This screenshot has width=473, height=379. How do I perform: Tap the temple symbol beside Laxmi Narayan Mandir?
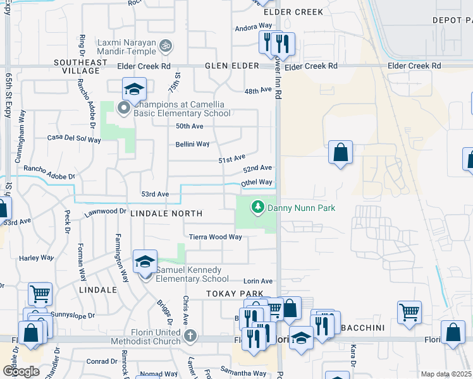(x=167, y=45)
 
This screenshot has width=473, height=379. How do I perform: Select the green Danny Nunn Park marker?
(x=257, y=207)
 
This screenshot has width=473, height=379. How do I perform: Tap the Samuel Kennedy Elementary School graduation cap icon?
(x=145, y=262)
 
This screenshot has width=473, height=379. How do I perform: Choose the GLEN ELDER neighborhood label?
(x=231, y=66)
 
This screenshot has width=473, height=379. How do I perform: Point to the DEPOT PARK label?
(x=452, y=20)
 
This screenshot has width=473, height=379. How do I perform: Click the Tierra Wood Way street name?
(x=216, y=237)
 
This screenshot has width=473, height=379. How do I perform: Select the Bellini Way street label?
(x=192, y=144)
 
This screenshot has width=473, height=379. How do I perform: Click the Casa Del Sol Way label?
(x=71, y=137)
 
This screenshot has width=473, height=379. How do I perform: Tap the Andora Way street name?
(x=253, y=27)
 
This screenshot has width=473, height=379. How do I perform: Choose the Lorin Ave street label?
(x=258, y=281)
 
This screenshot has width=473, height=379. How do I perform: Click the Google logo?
(x=21, y=371)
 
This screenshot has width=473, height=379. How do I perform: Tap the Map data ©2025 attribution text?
(x=446, y=374)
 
